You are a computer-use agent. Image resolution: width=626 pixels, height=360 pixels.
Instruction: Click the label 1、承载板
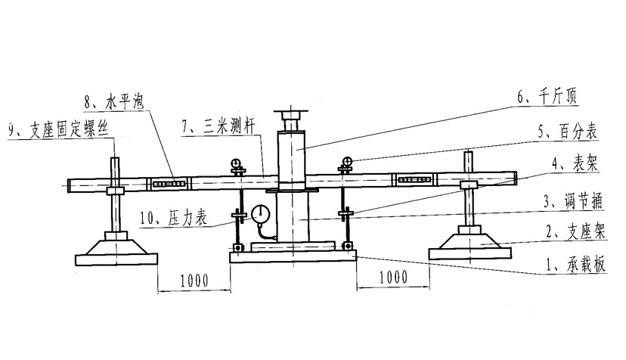click(574, 265)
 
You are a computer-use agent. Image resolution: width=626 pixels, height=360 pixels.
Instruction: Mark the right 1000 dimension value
click(392, 278)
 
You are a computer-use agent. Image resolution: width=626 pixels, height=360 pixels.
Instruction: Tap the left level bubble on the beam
click(170, 182)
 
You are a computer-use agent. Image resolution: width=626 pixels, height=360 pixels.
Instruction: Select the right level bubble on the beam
click(414, 180)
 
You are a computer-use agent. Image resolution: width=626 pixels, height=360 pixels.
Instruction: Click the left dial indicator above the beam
click(236, 163)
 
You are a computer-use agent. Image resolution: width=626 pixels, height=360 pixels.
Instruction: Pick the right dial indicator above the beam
click(348, 161)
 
